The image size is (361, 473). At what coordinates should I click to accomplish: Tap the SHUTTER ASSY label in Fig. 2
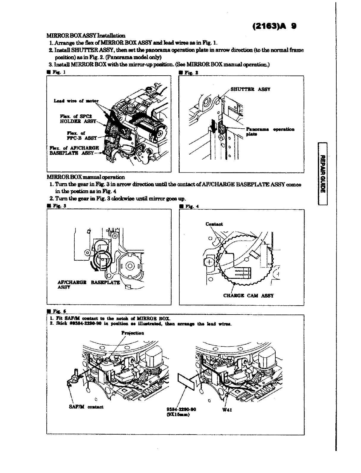tap(250, 89)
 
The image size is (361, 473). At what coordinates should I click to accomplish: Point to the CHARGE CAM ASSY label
tap(248, 296)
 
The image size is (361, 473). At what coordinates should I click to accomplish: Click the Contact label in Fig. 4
tap(214, 224)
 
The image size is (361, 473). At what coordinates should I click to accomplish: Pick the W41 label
tap(227, 409)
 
